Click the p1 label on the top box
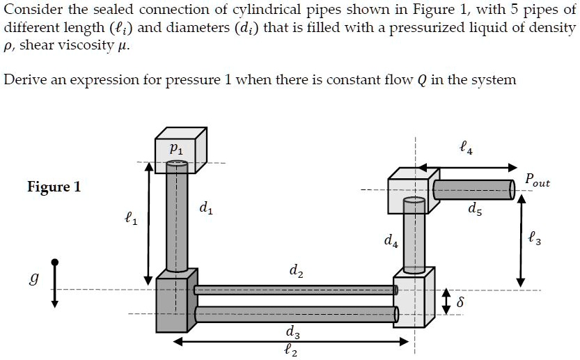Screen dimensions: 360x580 (x=177, y=148)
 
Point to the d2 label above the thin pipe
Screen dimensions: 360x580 (x=295, y=269)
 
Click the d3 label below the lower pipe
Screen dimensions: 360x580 (x=293, y=331)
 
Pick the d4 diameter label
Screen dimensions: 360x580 (x=391, y=242)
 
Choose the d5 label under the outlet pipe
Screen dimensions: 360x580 (x=474, y=208)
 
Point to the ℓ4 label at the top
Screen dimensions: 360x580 (x=466, y=147)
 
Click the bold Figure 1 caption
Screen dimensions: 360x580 (x=54, y=187)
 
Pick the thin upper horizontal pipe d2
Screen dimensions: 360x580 (x=295, y=290)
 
